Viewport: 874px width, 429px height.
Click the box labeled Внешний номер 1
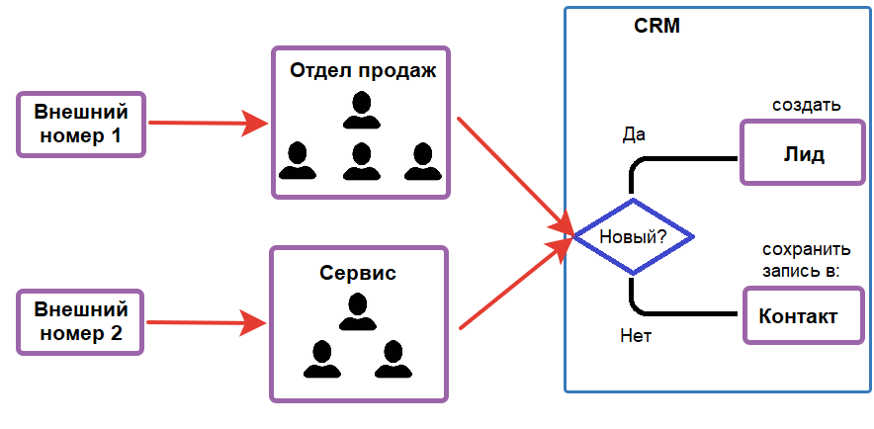pos(81,124)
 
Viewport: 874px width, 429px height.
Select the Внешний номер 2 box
pos(81,320)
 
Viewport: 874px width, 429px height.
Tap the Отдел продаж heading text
pos(362,71)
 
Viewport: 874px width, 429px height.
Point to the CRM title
pos(656,26)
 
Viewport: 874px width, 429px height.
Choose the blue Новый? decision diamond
pos(633,237)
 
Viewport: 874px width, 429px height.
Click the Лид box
pos(803,154)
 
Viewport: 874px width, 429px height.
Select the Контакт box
pos(798,316)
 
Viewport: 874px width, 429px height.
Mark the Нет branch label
pos(635,335)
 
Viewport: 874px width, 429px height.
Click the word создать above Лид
pos(805,104)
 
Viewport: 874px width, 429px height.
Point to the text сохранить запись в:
pos(806,260)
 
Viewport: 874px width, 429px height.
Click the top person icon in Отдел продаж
pos(362,110)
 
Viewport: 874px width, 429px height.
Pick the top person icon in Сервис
pos(358,312)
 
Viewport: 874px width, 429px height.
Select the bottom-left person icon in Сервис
pos(320,359)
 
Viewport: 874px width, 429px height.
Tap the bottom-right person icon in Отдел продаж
pos(423,161)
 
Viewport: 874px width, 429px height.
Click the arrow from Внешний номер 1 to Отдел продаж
pos(208,124)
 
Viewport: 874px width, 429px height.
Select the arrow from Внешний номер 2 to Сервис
pos(207,321)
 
